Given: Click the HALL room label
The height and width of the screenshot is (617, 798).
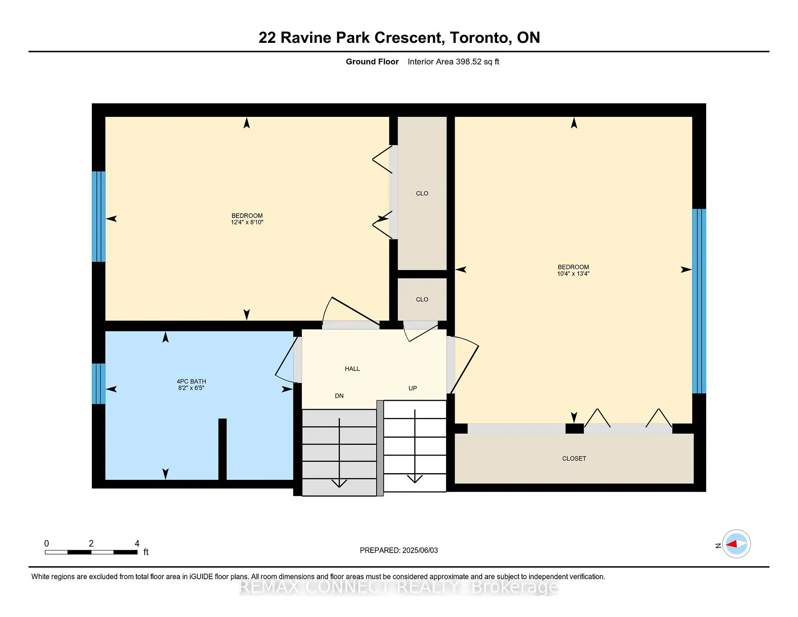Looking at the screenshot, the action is [x=352, y=369].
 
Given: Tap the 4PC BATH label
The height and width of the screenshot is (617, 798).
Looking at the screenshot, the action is [x=191, y=381].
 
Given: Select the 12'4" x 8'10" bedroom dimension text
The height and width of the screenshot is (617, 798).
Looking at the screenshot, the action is [x=247, y=222].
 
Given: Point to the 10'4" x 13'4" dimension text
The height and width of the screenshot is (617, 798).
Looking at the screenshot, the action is [x=573, y=274].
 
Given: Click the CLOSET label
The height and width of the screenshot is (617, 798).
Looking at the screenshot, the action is [x=574, y=459].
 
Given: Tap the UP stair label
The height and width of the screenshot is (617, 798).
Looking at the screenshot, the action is [x=412, y=388].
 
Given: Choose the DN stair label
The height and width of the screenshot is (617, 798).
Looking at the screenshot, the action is [x=339, y=396].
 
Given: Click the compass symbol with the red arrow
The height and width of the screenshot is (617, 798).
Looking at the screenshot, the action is [x=736, y=544].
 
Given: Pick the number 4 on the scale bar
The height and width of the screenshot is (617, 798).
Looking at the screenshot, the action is [x=137, y=543].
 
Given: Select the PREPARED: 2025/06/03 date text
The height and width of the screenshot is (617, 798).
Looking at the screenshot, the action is [x=399, y=550].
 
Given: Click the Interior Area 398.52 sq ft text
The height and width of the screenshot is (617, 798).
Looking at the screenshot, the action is [x=453, y=62].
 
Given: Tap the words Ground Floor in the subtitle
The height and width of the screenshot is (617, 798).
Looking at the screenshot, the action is [x=372, y=62].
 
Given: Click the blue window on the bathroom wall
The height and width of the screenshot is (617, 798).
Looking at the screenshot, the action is [x=99, y=384].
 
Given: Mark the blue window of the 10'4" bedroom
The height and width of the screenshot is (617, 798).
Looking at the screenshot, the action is [x=699, y=301].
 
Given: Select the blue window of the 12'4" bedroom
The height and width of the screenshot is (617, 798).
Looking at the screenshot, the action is [x=99, y=217].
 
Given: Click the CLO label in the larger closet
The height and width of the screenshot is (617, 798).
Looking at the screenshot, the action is [x=422, y=193].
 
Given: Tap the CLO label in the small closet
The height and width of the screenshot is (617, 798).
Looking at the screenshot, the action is [x=422, y=299].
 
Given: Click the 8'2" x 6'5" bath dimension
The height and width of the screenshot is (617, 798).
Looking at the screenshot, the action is [x=191, y=388].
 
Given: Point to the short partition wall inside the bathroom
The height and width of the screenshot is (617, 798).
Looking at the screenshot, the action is [x=222, y=449].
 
